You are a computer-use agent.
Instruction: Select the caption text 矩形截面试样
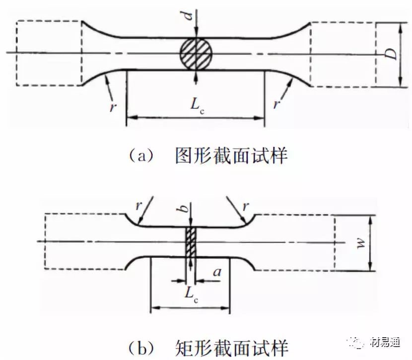coord(231,345)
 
